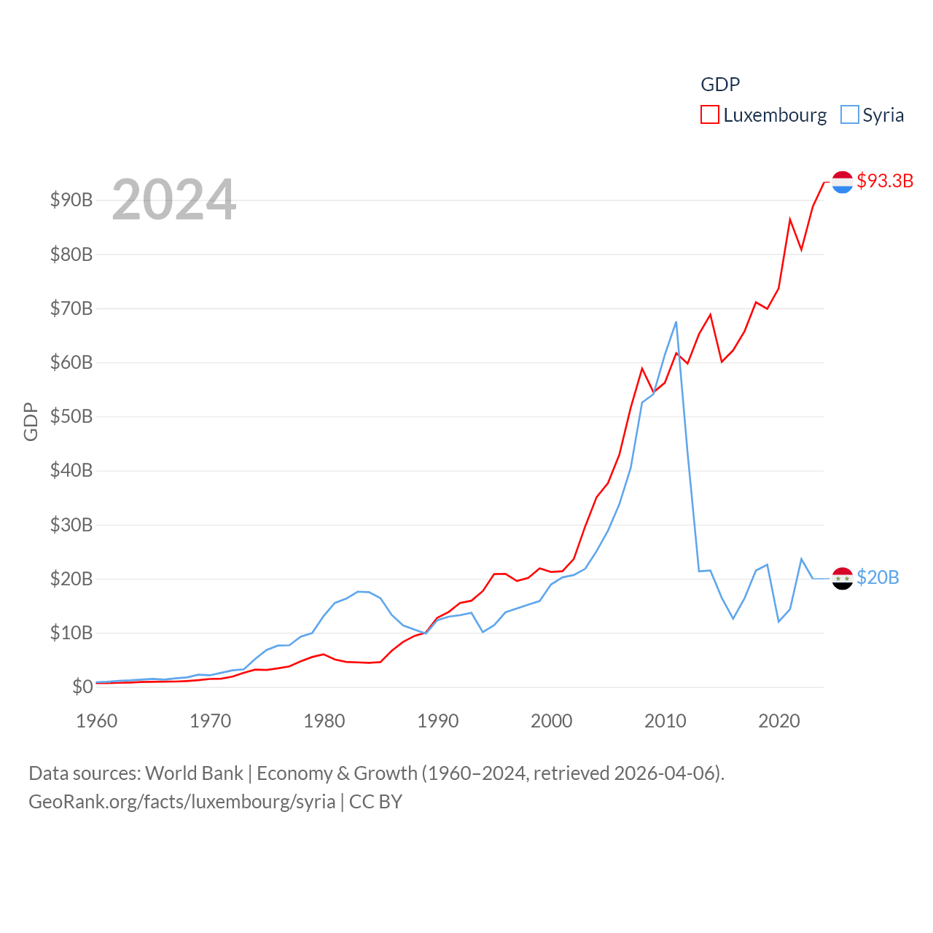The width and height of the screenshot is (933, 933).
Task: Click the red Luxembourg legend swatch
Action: pos(709,115)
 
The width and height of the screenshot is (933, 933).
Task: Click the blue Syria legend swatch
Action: pos(849,115)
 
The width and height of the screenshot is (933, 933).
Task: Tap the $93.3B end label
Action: pos(885,181)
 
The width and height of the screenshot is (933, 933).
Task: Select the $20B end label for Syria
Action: pos(878,577)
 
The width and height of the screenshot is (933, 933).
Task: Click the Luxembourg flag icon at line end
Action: pos(843,182)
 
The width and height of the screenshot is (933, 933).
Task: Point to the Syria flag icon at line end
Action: pos(843,578)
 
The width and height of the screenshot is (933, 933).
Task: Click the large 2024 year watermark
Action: pos(173,199)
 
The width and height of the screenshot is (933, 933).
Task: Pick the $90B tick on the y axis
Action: pos(71,200)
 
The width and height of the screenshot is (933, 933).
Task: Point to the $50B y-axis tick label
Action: pos(71,416)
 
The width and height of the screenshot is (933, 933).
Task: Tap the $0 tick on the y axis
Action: pos(82,687)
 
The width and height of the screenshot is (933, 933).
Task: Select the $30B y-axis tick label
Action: pos(71,525)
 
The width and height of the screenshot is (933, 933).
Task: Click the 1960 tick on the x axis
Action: pos(97,721)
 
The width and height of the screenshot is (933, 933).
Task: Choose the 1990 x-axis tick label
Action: pos(438,721)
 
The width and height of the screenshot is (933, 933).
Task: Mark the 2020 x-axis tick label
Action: pos(779,721)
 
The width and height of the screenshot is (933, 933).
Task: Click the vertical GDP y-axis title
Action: pos(31,421)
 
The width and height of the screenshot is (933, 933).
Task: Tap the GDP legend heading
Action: pos(720,85)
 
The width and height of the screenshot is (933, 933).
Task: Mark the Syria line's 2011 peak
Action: pos(676,321)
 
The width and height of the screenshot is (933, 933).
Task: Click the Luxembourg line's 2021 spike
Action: pos(790,219)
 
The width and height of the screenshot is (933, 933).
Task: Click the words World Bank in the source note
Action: pos(194,773)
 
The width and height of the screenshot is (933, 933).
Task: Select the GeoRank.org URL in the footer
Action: pos(182,802)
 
